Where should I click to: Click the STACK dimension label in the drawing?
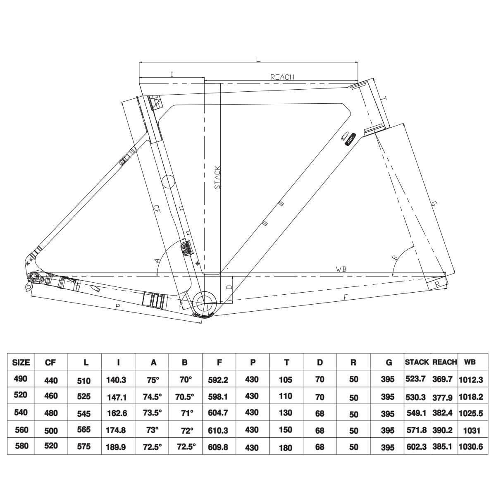pos(217,177)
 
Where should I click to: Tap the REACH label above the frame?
pos(282,77)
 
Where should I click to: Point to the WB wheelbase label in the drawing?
pos(341,269)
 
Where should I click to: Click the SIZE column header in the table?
pos(21,362)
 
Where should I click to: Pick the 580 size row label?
pos(21,446)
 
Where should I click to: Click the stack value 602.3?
pos(416,447)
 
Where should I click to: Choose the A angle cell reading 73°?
pos(152,430)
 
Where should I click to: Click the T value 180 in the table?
pos(285,448)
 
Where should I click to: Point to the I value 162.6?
pos(117,413)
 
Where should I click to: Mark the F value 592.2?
pos(219,379)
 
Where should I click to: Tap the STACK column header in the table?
pos(417,362)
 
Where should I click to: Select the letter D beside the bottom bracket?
pos(230,286)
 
